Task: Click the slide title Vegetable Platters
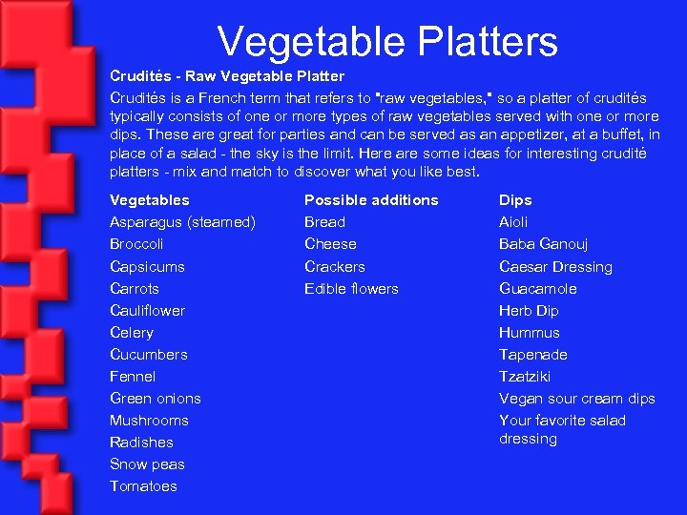click(x=386, y=42)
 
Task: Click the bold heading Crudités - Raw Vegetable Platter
click(x=227, y=75)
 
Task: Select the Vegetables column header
click(x=150, y=200)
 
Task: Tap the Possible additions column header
click(x=371, y=200)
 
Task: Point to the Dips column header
click(x=515, y=200)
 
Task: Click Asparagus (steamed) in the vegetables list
click(x=182, y=222)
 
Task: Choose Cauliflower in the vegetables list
click(x=147, y=310)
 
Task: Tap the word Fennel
click(x=133, y=377)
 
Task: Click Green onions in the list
click(x=155, y=399)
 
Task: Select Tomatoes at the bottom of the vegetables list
click(x=143, y=486)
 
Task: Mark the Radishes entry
click(x=141, y=443)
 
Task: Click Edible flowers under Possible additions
click(x=351, y=289)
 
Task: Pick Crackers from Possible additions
click(x=334, y=267)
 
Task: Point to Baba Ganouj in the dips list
click(x=544, y=244)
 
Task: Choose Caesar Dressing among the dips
click(x=555, y=267)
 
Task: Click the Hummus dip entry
click(x=530, y=333)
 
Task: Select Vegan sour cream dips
click(x=576, y=399)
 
